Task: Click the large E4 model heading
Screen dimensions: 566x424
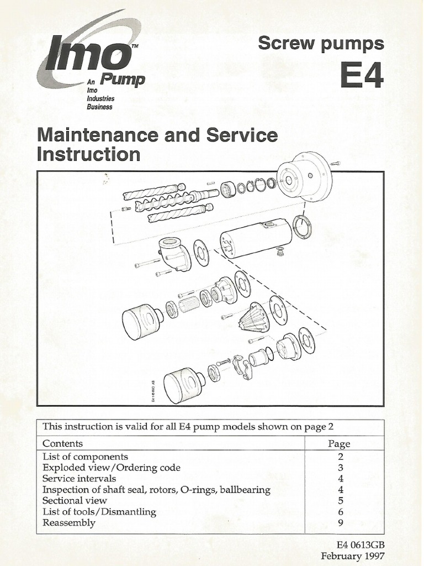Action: [x=362, y=76]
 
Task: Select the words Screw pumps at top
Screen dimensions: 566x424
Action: [x=320, y=44]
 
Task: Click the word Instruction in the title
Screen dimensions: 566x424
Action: [x=88, y=154]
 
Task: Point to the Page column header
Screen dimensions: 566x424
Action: [x=339, y=444]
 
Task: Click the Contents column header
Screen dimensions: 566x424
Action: [x=63, y=443]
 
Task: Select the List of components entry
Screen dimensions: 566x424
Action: [x=85, y=457]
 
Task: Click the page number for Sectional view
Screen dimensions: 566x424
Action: [x=341, y=501]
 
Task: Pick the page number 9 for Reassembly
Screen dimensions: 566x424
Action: [x=341, y=523]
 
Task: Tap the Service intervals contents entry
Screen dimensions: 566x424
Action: [x=79, y=479]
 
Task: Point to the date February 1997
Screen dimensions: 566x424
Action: [x=352, y=556]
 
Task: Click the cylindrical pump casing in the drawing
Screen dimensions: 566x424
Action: [x=256, y=238]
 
